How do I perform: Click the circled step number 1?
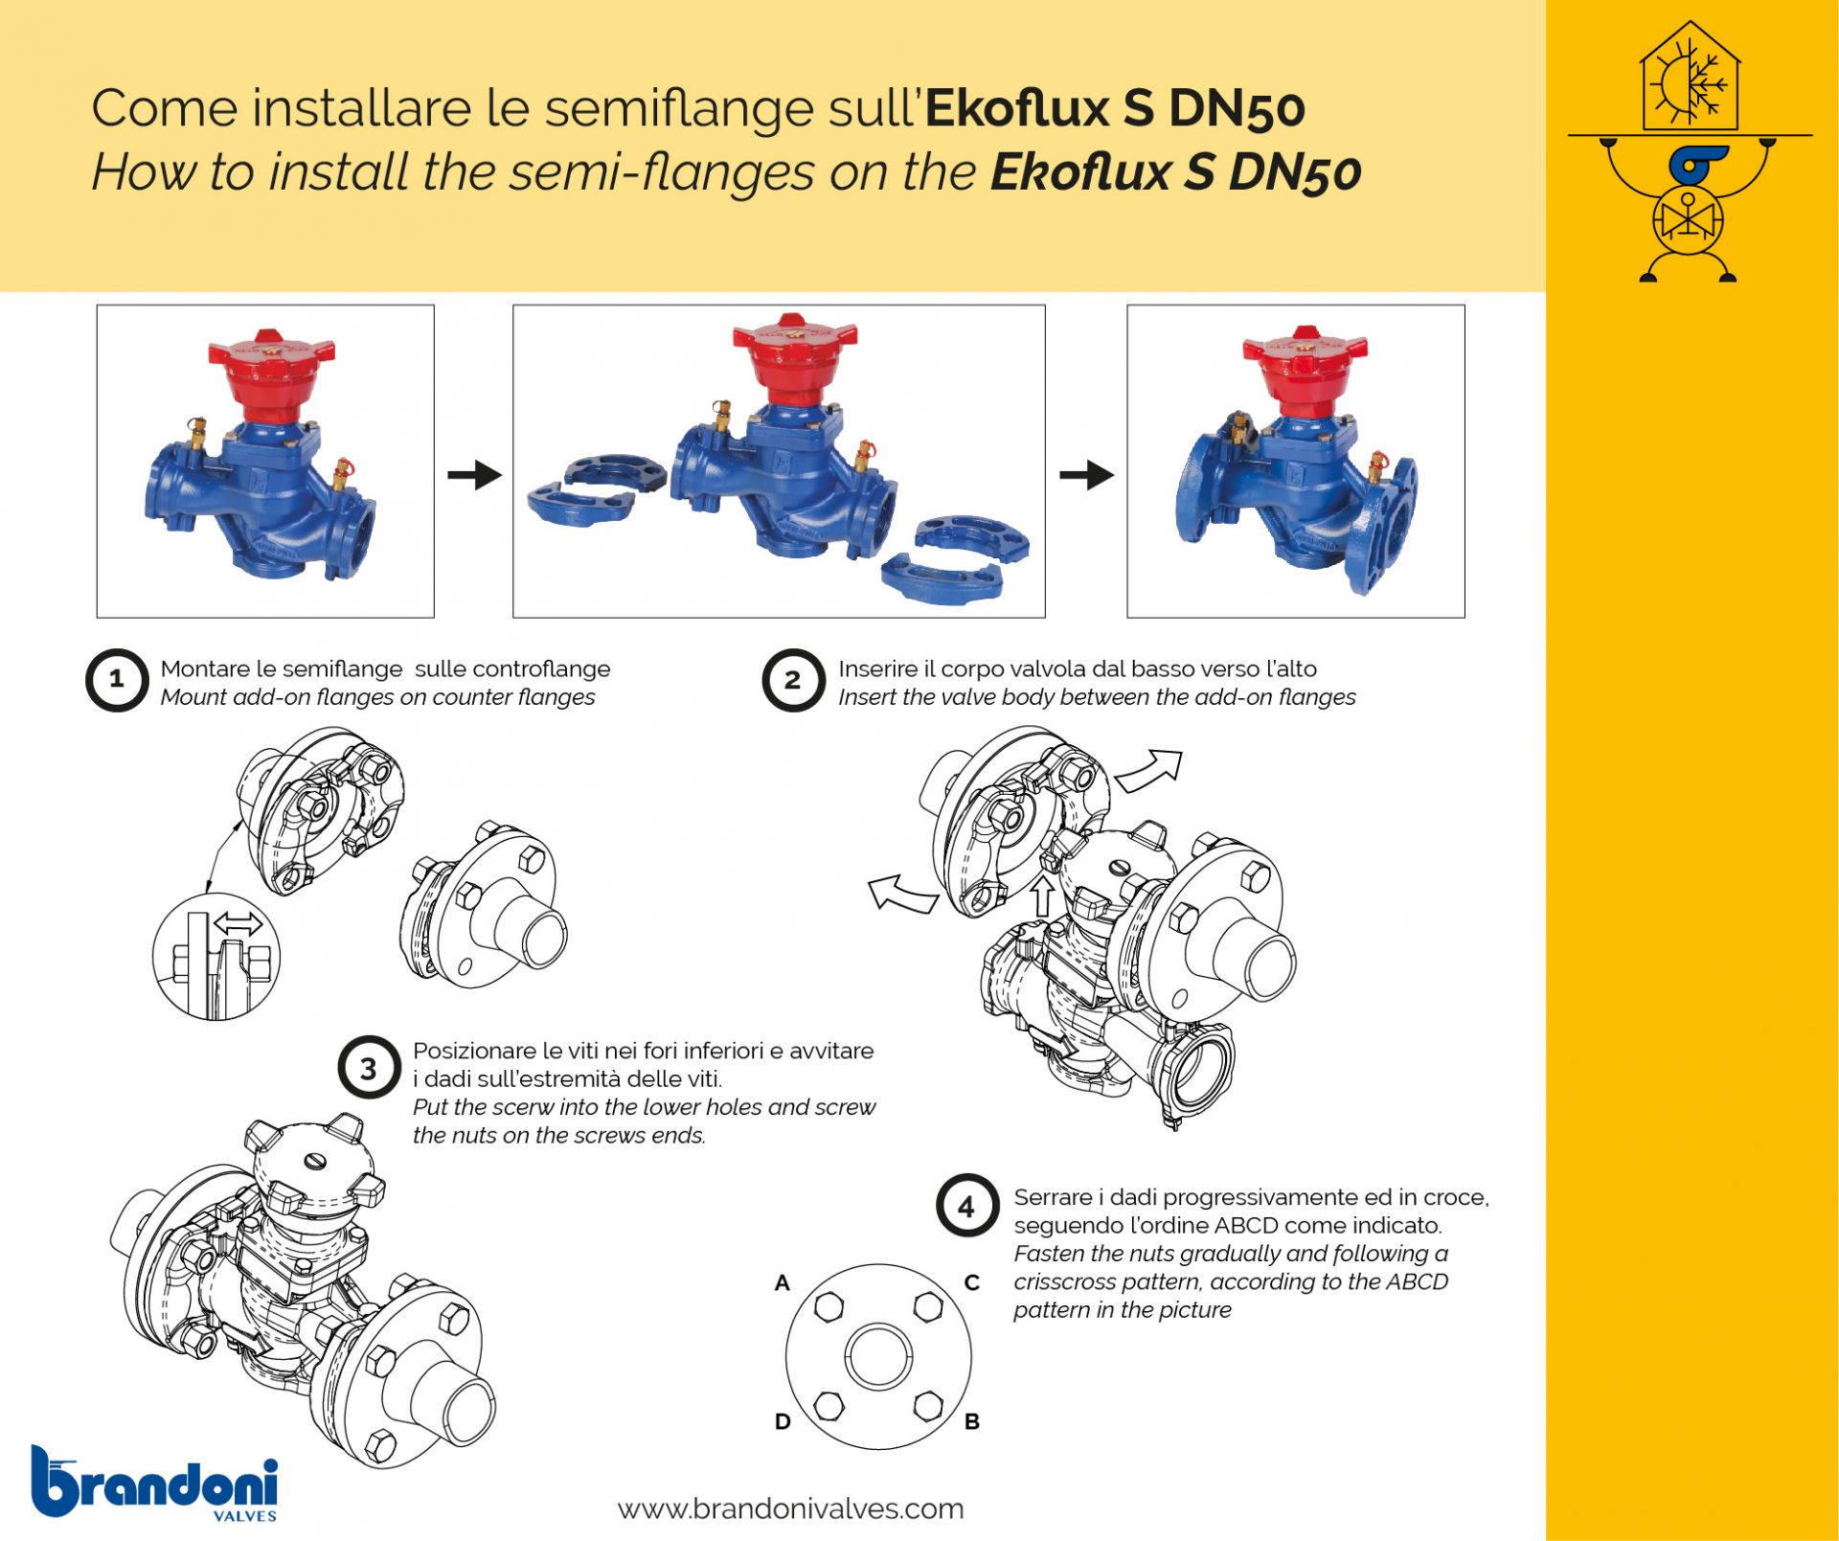(x=117, y=681)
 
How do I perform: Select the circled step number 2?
(x=793, y=681)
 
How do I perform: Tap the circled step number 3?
(x=369, y=1068)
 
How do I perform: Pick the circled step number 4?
(x=967, y=1206)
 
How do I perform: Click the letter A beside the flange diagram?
(x=783, y=1282)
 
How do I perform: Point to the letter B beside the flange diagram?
(x=971, y=1421)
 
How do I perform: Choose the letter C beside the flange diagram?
(x=971, y=1282)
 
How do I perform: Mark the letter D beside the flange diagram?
(x=783, y=1421)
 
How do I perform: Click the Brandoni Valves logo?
(x=154, y=1483)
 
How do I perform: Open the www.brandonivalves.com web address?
(x=790, y=1509)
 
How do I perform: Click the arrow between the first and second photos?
(x=475, y=474)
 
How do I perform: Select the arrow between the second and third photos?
(x=1087, y=474)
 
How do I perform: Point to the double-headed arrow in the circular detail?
(x=238, y=924)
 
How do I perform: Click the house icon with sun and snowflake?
(x=1690, y=77)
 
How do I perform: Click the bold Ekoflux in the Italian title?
(x=1017, y=108)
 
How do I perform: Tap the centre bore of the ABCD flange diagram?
(x=878, y=1356)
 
